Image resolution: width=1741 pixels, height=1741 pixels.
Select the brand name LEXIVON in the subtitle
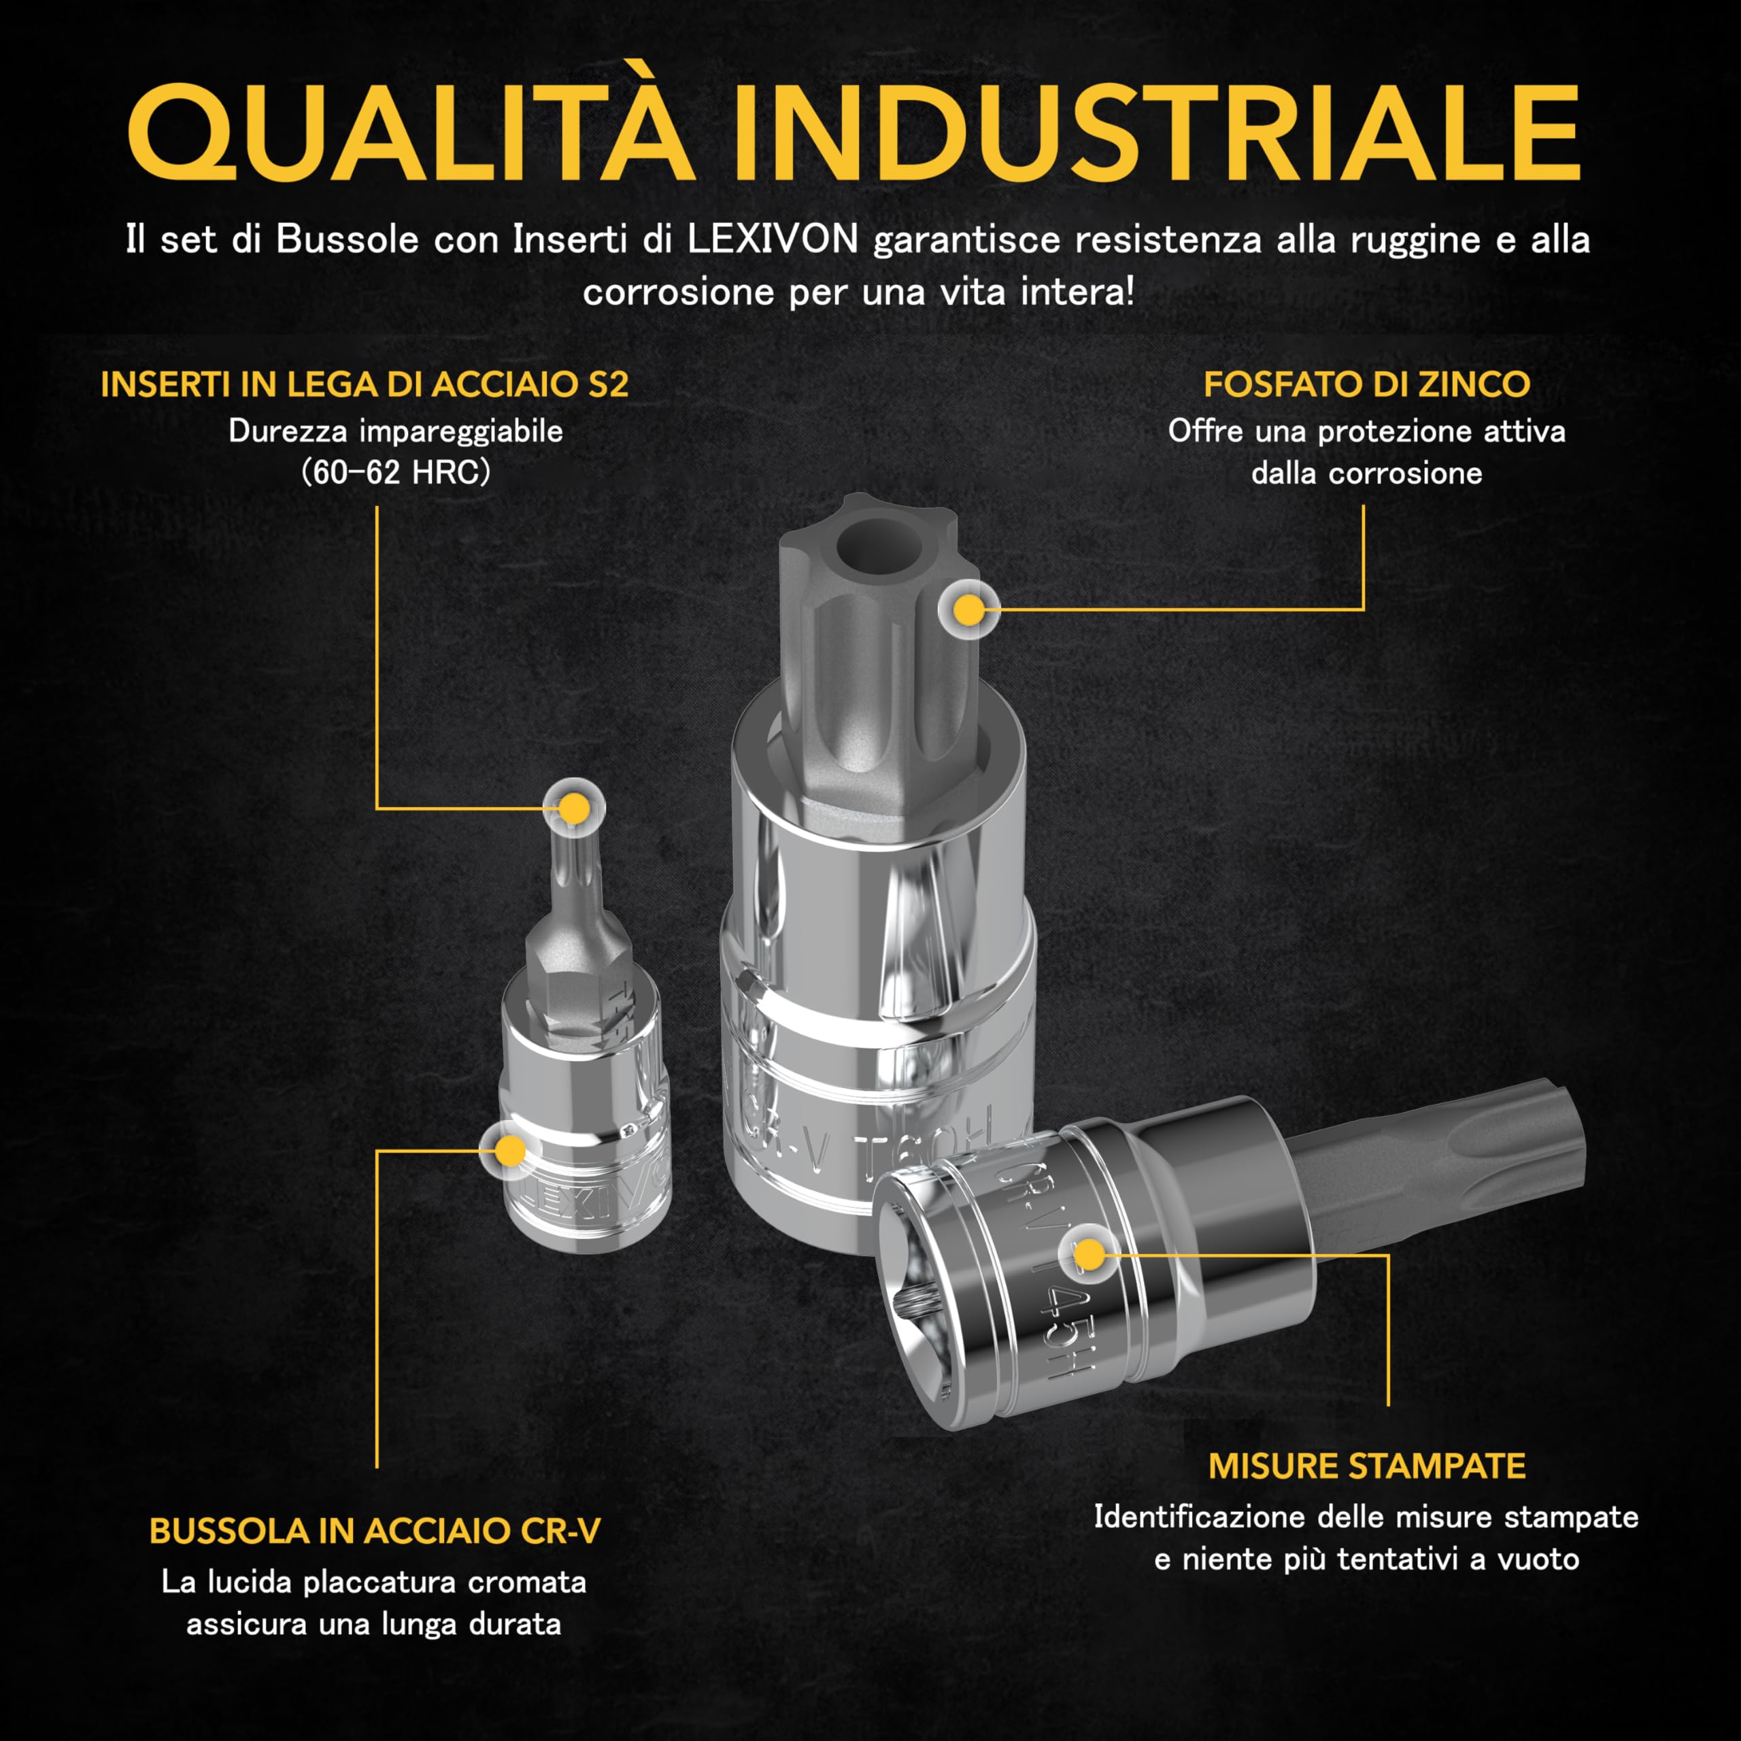point(773,239)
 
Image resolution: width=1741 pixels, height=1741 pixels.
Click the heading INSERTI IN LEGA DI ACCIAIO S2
point(364,385)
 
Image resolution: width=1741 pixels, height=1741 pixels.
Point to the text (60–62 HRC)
point(396,472)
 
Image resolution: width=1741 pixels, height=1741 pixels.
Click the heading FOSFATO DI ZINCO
point(1366,385)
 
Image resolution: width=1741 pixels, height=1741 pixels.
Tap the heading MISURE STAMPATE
point(1366,1466)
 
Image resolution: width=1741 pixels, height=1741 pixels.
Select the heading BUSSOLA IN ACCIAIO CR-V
point(374,1531)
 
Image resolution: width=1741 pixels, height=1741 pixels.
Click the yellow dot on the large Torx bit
point(968,611)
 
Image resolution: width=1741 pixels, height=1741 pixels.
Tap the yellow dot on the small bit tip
point(574,809)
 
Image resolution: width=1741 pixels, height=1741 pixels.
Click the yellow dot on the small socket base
point(510,1151)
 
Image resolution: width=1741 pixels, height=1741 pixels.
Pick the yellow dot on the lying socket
point(1089,1254)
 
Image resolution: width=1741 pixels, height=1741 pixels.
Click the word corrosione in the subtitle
point(677,292)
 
